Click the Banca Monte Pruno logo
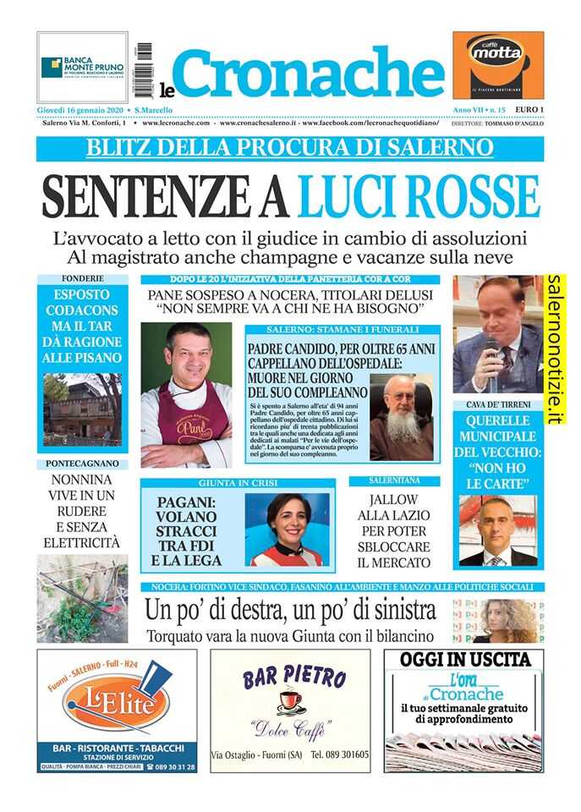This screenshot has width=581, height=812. [x=82, y=67]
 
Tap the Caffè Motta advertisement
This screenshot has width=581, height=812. [x=497, y=66]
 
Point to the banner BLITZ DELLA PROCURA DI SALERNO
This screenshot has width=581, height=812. [x=290, y=147]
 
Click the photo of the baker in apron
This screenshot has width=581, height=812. [x=186, y=395]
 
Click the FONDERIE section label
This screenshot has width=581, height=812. [x=82, y=278]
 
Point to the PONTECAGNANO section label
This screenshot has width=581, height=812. [x=82, y=464]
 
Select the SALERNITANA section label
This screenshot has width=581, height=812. [x=394, y=480]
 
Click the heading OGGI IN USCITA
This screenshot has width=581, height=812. [x=464, y=659]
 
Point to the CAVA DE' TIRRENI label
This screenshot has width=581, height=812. [x=497, y=404]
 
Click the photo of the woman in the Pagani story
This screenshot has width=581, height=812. [x=287, y=529]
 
